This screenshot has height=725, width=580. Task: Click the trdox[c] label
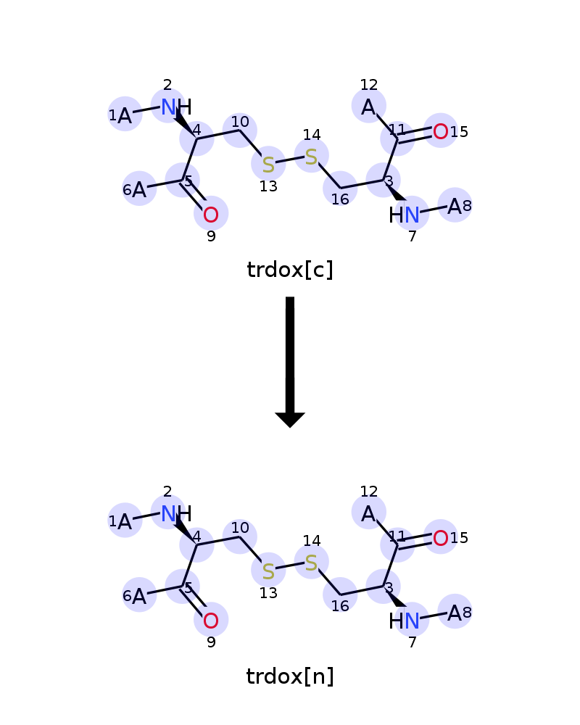pyautogui.click(x=290, y=270)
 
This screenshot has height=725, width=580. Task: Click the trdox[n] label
pyautogui.click(x=290, y=676)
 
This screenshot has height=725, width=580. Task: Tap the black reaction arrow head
pyautogui.click(x=290, y=420)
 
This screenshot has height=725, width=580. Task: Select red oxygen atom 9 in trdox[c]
pyautogui.click(x=211, y=215)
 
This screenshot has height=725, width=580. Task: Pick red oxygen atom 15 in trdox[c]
pyautogui.click(x=441, y=132)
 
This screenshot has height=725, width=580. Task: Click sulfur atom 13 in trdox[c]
pyautogui.click(x=268, y=165)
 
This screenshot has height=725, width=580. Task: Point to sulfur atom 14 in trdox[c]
pyautogui.click(x=311, y=157)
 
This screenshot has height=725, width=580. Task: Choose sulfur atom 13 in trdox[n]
pyautogui.click(x=268, y=571)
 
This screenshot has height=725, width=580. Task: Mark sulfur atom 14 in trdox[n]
pyautogui.click(x=311, y=563)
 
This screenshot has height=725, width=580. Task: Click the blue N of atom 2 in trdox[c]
pyautogui.click(x=168, y=107)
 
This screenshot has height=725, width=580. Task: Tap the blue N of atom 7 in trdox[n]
pyautogui.click(x=412, y=621)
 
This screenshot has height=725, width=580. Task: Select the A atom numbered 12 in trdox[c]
pyautogui.click(x=368, y=107)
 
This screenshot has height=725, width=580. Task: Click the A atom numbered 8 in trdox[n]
pyautogui.click(x=455, y=613)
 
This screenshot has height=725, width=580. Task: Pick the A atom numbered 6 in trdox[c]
pyautogui.click(x=139, y=189)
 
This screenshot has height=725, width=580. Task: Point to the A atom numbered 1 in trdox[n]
pyautogui.click(x=125, y=521)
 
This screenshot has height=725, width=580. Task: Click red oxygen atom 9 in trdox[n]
pyautogui.click(x=211, y=621)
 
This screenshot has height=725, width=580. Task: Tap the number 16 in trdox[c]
pyautogui.click(x=340, y=199)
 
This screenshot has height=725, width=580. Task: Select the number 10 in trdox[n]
pyautogui.click(x=240, y=528)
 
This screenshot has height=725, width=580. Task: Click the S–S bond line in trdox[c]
pyautogui.click(x=290, y=161)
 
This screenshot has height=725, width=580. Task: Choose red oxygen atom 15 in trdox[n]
pyautogui.click(x=441, y=538)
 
